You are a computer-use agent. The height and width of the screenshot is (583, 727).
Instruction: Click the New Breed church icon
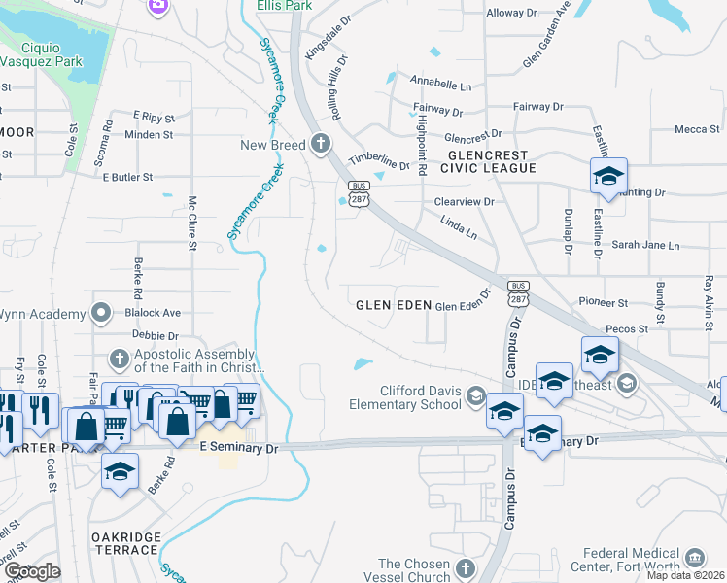point(322,146)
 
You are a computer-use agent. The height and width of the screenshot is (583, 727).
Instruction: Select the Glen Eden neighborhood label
point(393,304)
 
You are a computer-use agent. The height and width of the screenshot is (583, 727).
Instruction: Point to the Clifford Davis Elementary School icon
point(475,394)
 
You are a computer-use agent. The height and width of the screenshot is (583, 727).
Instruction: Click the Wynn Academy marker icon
point(100,313)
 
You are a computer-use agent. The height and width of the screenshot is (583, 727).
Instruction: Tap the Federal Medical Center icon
point(695,557)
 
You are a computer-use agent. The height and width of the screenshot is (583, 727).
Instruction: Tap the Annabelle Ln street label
point(440,84)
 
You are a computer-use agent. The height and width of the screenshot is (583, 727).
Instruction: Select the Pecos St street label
point(626,329)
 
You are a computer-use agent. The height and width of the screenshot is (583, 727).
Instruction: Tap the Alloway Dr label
point(511,13)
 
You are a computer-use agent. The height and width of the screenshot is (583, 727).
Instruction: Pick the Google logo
point(33,571)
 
